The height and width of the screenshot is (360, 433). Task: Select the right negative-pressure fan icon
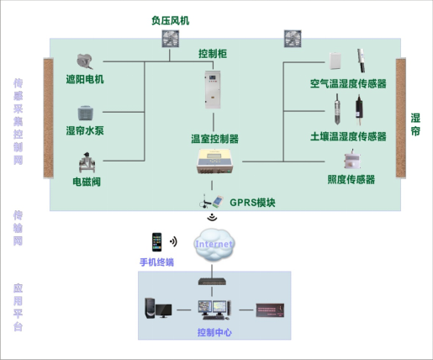coord(293,39)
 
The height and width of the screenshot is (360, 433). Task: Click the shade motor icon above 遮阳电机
coord(85,61)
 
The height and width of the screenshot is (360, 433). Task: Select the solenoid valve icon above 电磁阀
coord(86,161)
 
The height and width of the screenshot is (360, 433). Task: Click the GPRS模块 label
coord(253,203)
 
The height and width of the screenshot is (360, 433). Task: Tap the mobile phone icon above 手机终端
coord(156,242)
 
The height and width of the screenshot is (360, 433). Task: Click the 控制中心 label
coord(214,333)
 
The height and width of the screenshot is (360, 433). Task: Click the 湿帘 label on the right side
coord(415,125)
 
